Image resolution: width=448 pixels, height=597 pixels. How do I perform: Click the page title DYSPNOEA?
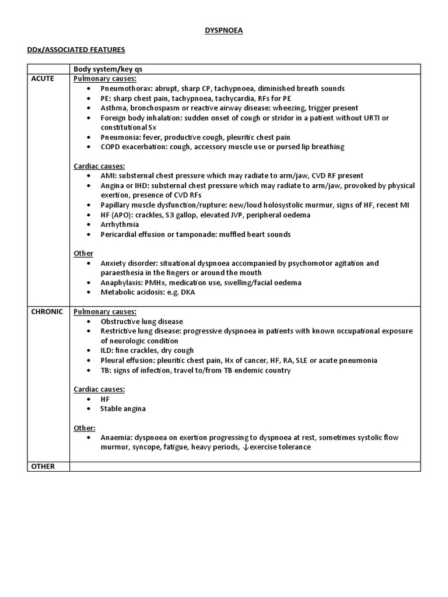click(223, 31)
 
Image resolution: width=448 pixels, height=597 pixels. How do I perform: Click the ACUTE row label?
click(43, 79)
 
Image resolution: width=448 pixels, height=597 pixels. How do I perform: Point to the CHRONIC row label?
click(47, 312)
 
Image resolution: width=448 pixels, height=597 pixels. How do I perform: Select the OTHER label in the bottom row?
click(43, 466)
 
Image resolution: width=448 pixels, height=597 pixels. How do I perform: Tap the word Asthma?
click(113, 108)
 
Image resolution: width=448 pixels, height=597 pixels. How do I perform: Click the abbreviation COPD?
click(111, 147)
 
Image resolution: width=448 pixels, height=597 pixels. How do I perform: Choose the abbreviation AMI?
click(108, 175)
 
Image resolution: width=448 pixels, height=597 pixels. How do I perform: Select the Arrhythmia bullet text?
click(120, 224)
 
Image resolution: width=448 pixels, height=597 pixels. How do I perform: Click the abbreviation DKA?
click(188, 293)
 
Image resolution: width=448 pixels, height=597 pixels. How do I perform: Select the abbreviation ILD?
click(107, 351)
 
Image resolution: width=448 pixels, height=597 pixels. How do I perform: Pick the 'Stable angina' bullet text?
click(123, 409)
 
